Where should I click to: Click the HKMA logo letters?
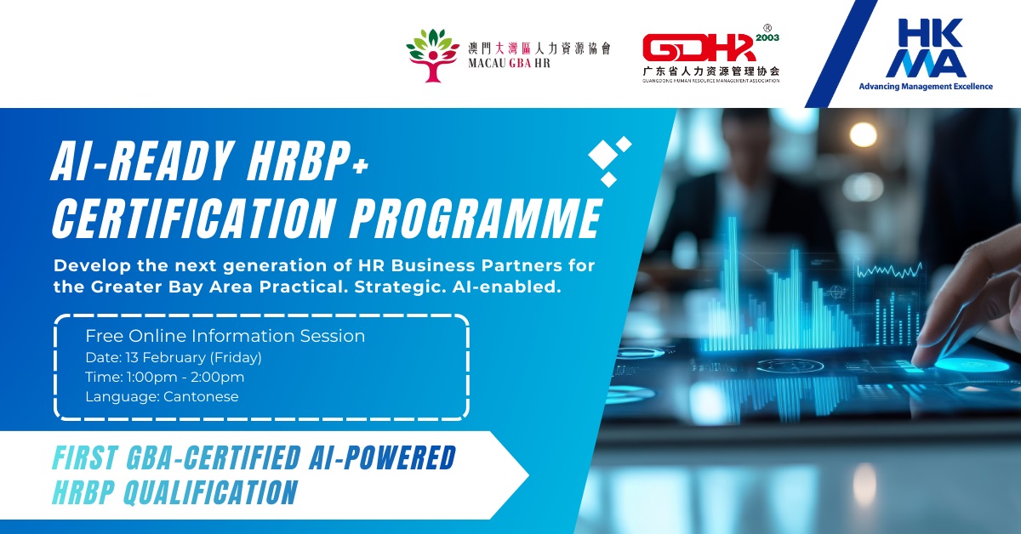click(x=926, y=48)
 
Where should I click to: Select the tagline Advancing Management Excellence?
click(x=925, y=86)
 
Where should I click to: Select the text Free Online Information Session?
click(x=225, y=336)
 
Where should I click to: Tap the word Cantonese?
click(x=204, y=396)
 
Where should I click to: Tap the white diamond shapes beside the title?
click(x=610, y=159)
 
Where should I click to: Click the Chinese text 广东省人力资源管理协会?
click(x=710, y=71)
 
